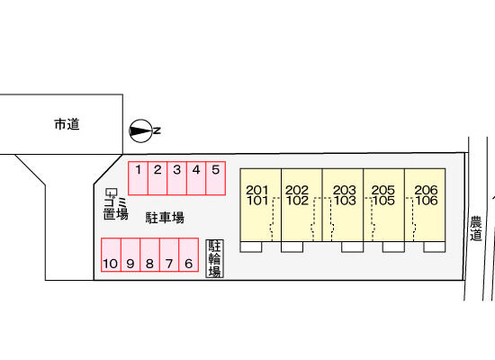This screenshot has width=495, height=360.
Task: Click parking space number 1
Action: [139, 178]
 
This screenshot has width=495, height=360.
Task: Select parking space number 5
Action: [216, 178]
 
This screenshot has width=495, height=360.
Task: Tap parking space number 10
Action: [111, 255]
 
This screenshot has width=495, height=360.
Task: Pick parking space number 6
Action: [188, 255]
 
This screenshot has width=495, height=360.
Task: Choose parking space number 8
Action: [149, 255]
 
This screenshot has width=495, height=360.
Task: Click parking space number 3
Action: [176, 178]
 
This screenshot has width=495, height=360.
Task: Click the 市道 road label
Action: [67, 124]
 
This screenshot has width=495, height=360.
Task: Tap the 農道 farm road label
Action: [476, 229]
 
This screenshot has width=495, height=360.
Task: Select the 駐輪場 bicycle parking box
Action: [215, 258]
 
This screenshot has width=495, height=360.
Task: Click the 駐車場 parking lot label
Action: [165, 218]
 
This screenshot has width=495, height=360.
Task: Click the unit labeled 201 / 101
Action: [260, 205]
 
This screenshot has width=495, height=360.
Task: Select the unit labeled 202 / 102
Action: [301, 205]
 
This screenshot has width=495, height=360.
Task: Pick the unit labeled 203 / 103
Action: [343, 205]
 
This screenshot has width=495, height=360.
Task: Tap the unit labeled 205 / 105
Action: [384, 205]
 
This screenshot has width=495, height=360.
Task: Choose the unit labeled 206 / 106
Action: [425, 205]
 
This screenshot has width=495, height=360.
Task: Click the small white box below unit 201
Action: [251, 247]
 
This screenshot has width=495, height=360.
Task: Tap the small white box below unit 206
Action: [435, 247]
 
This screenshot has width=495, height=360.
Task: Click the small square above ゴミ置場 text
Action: [111, 192]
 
